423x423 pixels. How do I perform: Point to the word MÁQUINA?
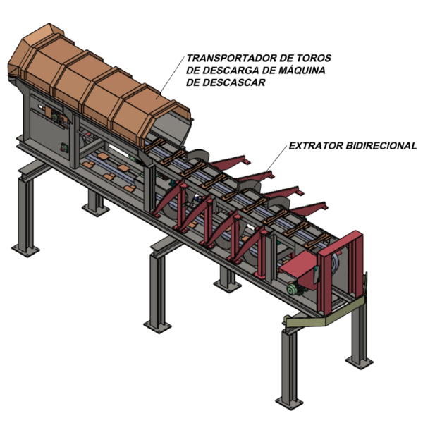point(302,70)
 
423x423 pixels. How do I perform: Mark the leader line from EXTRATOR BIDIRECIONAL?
point(271,164)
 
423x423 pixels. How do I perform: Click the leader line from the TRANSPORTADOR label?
point(171,77)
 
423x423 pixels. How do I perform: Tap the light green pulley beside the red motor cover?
point(291,290)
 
